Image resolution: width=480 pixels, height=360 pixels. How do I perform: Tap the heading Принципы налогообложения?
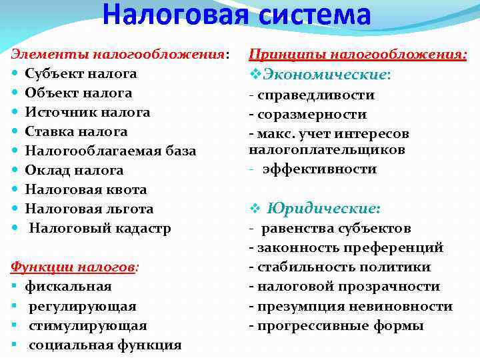[358, 54]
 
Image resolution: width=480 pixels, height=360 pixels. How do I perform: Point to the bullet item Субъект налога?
[81, 73]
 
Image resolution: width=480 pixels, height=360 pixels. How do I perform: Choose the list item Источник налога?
[87, 112]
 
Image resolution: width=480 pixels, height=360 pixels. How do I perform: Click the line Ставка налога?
[76, 131]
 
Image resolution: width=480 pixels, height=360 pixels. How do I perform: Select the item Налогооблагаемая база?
[111, 151]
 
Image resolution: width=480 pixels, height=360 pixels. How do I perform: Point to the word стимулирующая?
[87, 325]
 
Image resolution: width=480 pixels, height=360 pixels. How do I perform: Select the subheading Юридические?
[323, 209]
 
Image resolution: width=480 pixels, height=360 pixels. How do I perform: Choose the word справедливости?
[317, 95]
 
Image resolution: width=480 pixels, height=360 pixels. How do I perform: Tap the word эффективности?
[319, 169]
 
